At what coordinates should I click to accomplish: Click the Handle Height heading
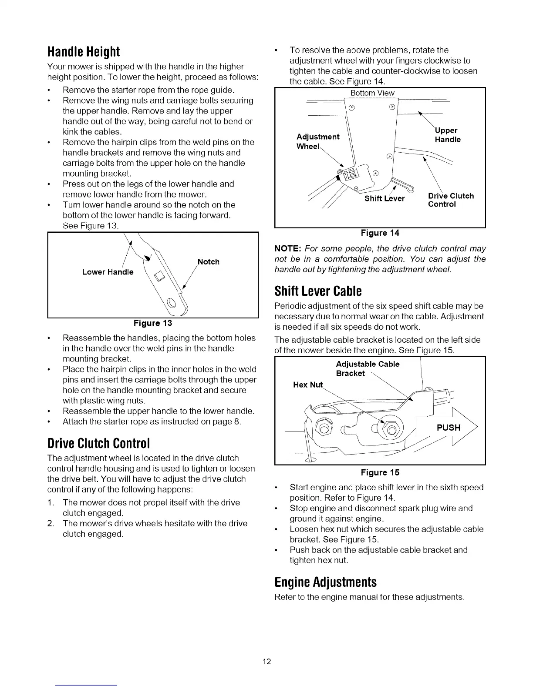(83, 52)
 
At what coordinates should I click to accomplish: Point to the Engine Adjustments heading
(325, 582)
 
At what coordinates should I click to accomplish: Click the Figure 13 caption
(153, 323)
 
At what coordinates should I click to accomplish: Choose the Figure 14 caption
(380, 233)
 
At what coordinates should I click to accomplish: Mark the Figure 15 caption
(380, 472)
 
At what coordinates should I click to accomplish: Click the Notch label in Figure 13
(209, 262)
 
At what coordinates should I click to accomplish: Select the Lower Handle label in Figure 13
(108, 272)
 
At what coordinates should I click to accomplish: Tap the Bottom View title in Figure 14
(372, 93)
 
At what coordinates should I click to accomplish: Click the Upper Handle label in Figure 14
(447, 135)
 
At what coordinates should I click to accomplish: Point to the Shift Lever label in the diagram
(385, 199)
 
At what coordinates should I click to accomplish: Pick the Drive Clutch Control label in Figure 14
(451, 200)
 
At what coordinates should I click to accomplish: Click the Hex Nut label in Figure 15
(308, 385)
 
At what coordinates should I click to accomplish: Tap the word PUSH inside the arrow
(448, 428)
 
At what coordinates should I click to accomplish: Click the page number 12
(267, 662)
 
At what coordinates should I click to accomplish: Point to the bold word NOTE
(288, 249)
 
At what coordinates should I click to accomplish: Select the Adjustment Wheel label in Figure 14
(317, 142)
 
